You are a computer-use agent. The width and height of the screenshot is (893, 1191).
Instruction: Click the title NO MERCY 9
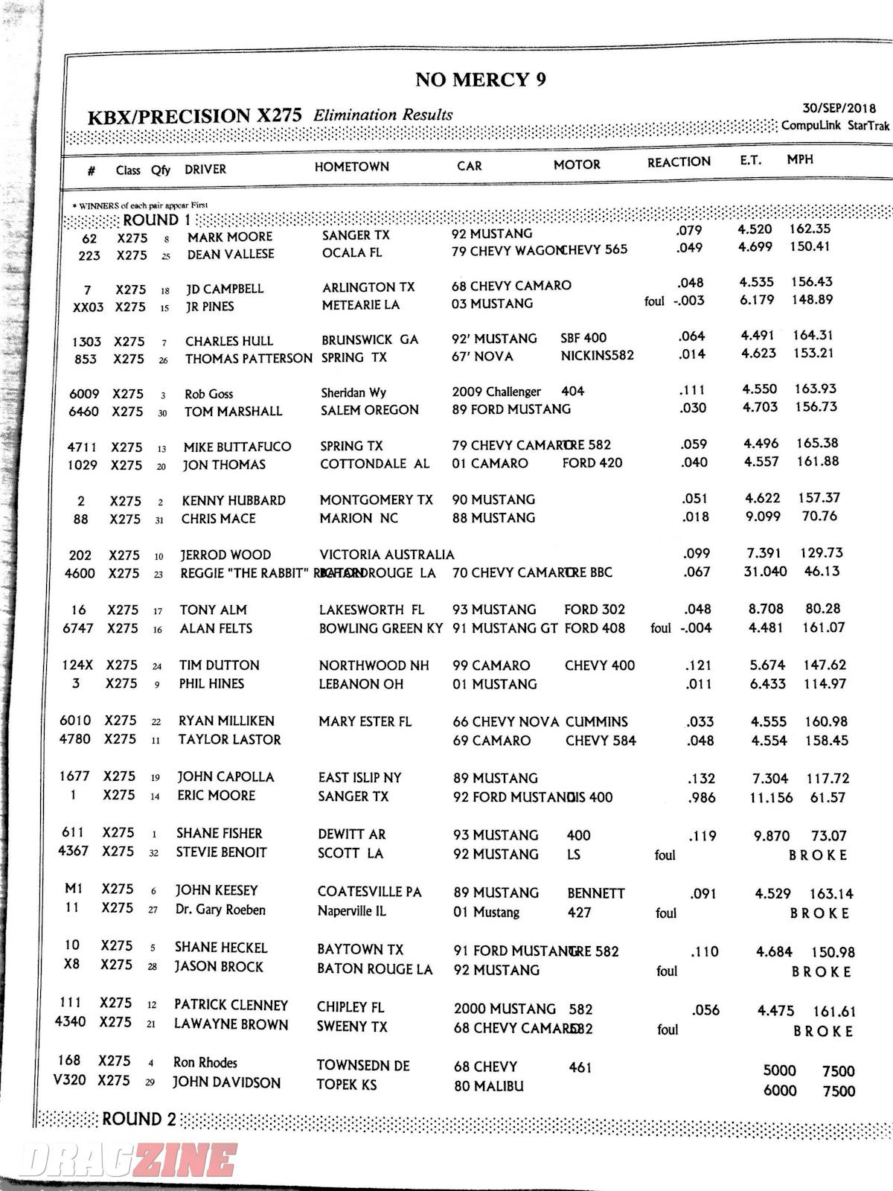click(x=480, y=80)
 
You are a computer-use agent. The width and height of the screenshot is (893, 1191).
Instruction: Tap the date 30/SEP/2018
click(x=839, y=109)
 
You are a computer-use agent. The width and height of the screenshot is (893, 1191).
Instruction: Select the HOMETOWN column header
click(x=351, y=167)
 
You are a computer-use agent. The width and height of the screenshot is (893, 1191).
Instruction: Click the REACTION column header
click(x=679, y=162)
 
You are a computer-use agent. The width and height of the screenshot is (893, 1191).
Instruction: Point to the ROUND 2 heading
click(x=139, y=1119)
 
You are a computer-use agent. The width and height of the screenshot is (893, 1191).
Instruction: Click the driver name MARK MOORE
click(x=229, y=237)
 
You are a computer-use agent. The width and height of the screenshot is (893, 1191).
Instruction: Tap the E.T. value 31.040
click(x=765, y=572)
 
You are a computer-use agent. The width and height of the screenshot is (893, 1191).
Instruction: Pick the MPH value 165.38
click(x=817, y=443)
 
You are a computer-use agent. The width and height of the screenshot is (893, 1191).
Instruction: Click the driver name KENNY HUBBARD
click(x=234, y=500)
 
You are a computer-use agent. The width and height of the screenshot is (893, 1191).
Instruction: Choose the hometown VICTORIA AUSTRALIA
click(x=386, y=555)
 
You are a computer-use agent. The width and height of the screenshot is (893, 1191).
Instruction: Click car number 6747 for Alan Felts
click(x=78, y=628)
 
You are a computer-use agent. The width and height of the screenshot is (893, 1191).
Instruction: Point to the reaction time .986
click(x=700, y=797)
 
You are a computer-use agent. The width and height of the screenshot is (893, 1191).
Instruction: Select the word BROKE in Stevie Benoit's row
click(x=818, y=855)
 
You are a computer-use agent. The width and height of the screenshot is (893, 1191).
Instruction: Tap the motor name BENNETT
click(x=595, y=893)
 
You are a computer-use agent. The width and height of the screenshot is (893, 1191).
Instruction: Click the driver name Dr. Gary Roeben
click(x=220, y=910)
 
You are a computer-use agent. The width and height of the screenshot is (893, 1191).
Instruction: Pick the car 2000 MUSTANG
click(x=505, y=1009)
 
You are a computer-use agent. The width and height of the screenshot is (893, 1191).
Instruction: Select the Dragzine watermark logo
click(x=127, y=1160)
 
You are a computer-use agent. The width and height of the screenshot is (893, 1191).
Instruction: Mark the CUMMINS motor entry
click(x=596, y=721)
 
